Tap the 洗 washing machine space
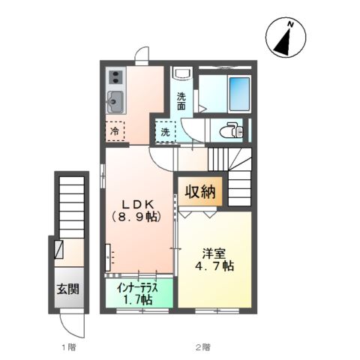[165, 132]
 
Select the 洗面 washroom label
[181, 100]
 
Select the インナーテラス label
[136, 286]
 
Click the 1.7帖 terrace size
[136, 299]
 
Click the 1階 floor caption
[67, 348]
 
